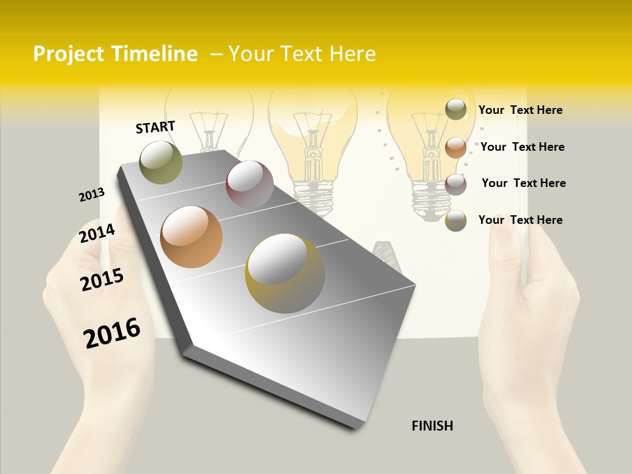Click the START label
(x=155, y=127)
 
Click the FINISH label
(x=432, y=426)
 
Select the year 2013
(x=92, y=195)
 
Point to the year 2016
(x=112, y=333)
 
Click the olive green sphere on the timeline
(x=161, y=162)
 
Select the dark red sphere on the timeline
(x=250, y=184)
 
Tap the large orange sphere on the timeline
(x=192, y=237)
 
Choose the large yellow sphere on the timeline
(x=285, y=273)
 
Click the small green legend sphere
(x=456, y=109)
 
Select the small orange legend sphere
(x=456, y=147)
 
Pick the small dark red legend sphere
(x=456, y=184)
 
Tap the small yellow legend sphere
(x=456, y=221)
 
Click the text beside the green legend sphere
(x=520, y=110)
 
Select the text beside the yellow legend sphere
(x=520, y=220)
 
